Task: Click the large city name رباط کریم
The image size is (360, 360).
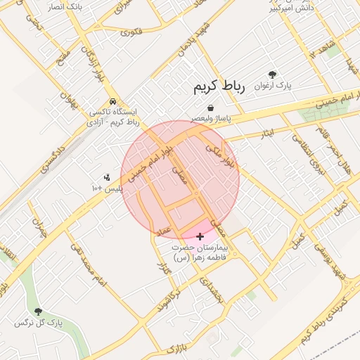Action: click(219, 89)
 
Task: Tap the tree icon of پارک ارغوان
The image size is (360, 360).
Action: click(272, 74)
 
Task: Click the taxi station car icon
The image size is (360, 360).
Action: click(112, 101)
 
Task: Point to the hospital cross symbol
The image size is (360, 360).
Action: click(200, 237)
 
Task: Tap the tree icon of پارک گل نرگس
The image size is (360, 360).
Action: click(38, 311)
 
